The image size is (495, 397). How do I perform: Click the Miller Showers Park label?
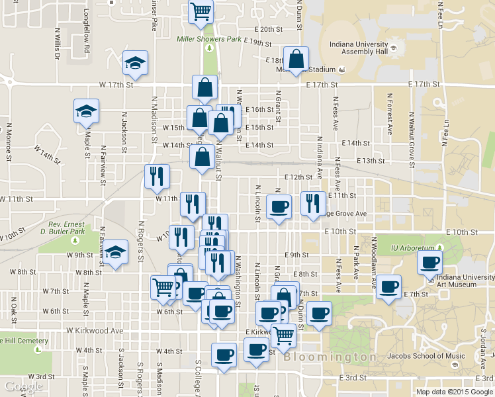tap(209, 39)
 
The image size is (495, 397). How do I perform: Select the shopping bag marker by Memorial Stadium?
tap(296, 60)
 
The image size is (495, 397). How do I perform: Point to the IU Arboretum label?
tap(414, 247)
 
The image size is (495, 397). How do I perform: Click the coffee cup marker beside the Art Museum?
tap(429, 263)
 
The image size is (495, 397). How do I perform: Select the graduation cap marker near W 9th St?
tap(115, 252)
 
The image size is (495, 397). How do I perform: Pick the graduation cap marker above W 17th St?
tap(136, 64)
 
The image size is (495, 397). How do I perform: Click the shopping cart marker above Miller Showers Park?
tap(201, 11)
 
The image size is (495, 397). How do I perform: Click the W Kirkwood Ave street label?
tap(95, 330)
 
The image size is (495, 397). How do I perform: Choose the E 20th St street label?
tap(269, 30)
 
